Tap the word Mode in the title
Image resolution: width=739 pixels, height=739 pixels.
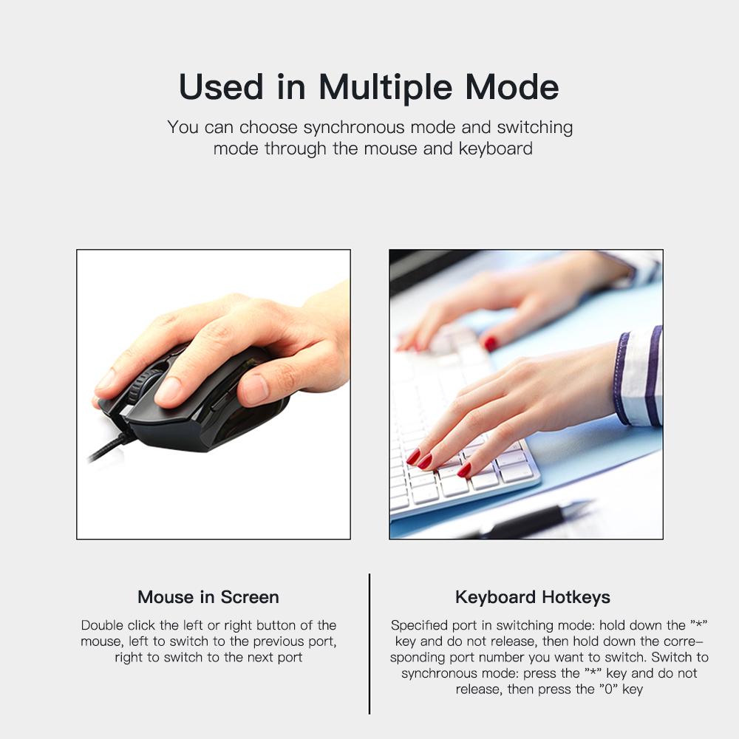(x=512, y=87)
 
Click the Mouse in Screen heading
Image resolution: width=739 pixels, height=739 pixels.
(x=208, y=597)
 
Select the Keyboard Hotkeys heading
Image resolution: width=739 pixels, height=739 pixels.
(x=533, y=597)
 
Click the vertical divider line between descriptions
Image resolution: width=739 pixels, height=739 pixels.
(x=369, y=643)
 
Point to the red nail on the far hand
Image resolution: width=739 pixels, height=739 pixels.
(x=490, y=344)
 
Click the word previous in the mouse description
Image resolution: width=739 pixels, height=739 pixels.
(x=280, y=641)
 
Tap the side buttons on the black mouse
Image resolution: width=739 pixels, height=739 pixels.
(x=220, y=400)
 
